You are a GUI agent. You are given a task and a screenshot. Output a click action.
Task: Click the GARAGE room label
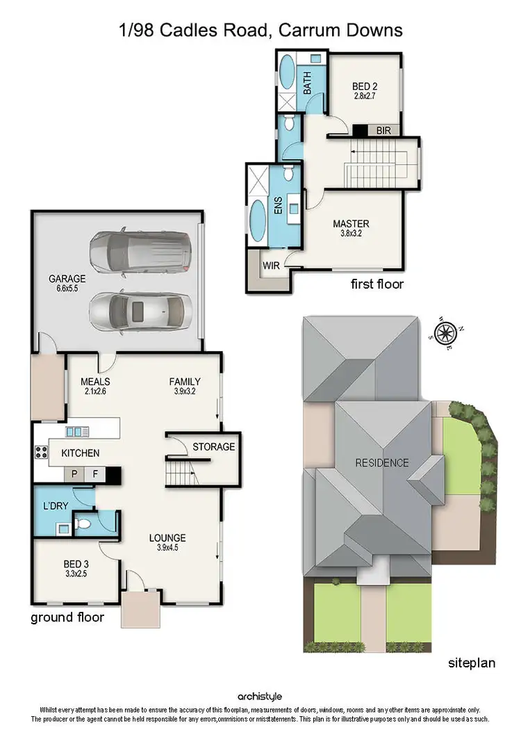(x=67, y=279)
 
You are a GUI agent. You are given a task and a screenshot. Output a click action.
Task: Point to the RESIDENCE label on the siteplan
(x=382, y=462)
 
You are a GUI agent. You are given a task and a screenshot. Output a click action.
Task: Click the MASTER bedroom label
(x=351, y=224)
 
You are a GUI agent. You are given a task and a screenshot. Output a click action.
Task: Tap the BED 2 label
(x=364, y=87)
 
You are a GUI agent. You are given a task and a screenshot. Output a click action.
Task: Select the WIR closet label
(x=271, y=265)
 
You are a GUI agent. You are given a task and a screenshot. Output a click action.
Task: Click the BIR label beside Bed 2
(x=383, y=130)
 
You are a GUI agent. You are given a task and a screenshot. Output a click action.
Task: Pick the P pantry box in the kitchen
(x=74, y=476)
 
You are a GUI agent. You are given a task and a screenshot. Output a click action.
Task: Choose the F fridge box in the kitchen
(x=95, y=476)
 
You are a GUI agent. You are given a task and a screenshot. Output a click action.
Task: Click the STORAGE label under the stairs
(x=213, y=446)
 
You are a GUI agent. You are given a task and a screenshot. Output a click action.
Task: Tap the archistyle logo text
(x=260, y=696)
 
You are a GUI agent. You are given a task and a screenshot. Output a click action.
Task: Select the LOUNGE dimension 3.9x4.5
(x=167, y=549)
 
